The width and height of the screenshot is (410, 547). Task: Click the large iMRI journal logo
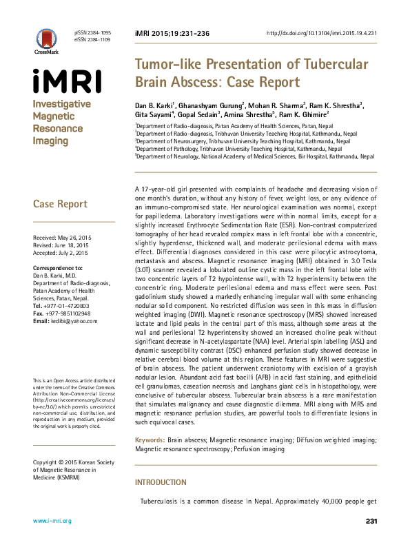(x=67, y=81)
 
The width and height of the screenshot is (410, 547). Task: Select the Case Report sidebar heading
(x=61, y=204)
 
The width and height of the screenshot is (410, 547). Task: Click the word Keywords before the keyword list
(x=149, y=439)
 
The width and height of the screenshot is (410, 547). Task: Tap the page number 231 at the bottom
(x=371, y=521)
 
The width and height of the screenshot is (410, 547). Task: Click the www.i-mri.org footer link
(x=52, y=521)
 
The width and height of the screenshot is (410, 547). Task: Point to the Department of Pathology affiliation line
(x=238, y=148)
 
